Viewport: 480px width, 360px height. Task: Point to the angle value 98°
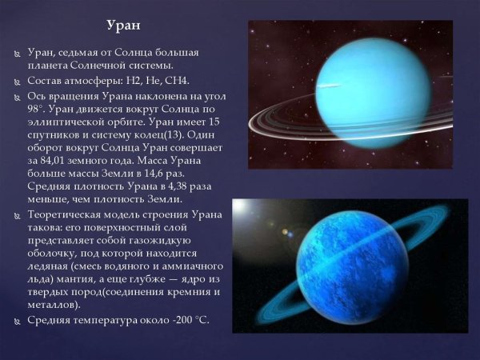coord(38,110)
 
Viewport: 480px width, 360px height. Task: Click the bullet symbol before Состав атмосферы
coord(18,82)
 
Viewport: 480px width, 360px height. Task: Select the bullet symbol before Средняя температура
coord(18,320)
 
